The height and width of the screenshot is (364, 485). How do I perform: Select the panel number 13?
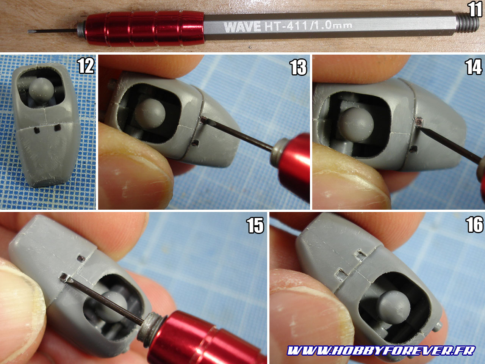(299, 67)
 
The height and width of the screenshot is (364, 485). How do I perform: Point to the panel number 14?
(474, 67)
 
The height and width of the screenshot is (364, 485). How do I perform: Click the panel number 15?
(255, 225)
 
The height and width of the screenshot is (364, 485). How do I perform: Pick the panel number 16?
(474, 224)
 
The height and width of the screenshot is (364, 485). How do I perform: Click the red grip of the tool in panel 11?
(145, 28)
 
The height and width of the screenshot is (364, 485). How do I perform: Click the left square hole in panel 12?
(37, 130)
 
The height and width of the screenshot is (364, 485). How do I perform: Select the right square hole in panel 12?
(58, 127)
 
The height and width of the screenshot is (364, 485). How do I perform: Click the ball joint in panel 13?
(150, 113)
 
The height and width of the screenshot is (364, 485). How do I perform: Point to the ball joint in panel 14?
(356, 124)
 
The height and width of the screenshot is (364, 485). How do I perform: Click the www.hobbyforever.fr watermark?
(381, 350)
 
